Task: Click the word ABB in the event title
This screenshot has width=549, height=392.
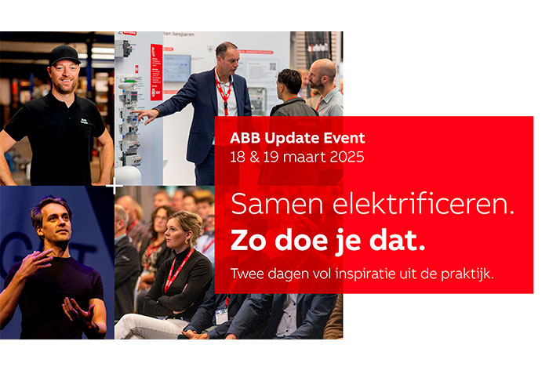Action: click(245, 138)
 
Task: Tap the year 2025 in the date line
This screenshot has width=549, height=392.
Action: click(347, 157)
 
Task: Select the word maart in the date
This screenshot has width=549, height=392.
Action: click(304, 157)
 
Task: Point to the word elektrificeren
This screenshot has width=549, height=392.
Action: click(424, 205)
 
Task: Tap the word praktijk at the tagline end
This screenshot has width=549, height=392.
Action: click(467, 274)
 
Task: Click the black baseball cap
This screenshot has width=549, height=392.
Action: click(64, 55)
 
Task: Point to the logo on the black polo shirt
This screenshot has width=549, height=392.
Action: click(85, 122)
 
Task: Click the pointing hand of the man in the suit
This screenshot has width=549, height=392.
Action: click(147, 115)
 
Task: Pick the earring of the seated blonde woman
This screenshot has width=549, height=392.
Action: click(187, 241)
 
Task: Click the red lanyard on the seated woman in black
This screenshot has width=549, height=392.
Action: click(178, 270)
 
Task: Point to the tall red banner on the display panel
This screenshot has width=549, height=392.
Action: click(156, 72)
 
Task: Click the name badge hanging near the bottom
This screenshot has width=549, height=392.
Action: click(222, 316)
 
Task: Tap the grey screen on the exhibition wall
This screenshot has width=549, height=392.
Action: click(177, 68)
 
